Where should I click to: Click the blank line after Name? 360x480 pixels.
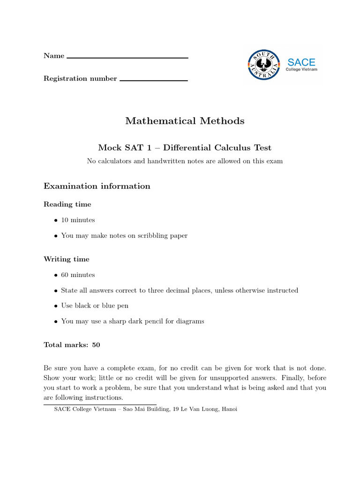[x=127, y=58]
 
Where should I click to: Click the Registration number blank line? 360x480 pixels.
[x=154, y=81]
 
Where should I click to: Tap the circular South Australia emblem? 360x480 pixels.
[x=263, y=65]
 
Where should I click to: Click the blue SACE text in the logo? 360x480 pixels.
[x=301, y=62]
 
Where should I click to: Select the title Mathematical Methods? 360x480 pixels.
[x=185, y=121]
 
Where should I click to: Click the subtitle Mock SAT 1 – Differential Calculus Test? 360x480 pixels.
[x=185, y=148]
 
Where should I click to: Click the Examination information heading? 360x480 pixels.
[x=97, y=186]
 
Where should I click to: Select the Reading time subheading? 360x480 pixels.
[x=67, y=204]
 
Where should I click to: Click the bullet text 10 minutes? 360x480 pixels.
[x=78, y=220]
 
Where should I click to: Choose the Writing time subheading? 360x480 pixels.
[x=67, y=259]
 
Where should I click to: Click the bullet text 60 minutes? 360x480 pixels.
[x=78, y=275]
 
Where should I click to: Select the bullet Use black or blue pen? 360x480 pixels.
[x=95, y=306]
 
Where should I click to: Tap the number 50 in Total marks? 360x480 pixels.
[x=96, y=345]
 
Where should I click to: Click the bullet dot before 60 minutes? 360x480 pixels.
[x=55, y=275]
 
